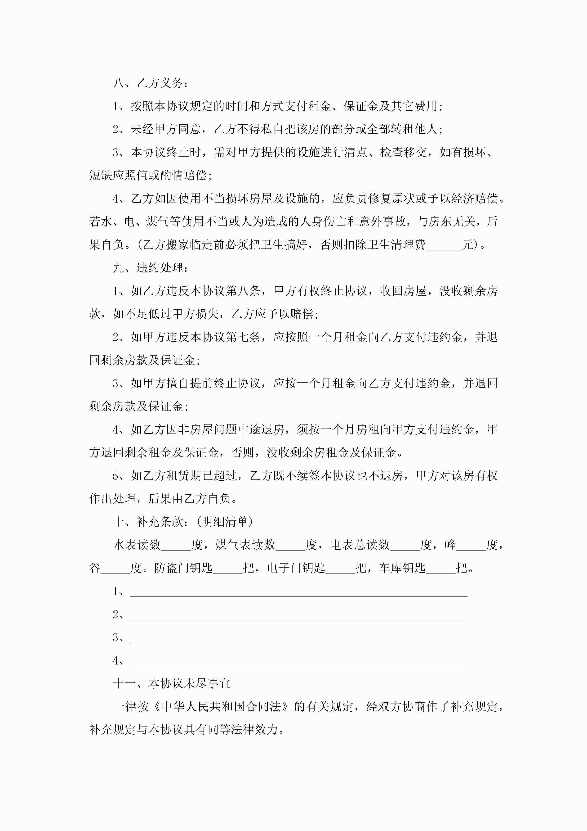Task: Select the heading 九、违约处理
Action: click(150, 268)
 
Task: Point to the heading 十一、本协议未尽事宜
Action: click(171, 683)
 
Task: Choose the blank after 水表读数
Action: click(176, 545)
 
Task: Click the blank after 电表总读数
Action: click(405, 545)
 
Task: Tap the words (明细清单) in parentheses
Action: click(223, 522)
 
